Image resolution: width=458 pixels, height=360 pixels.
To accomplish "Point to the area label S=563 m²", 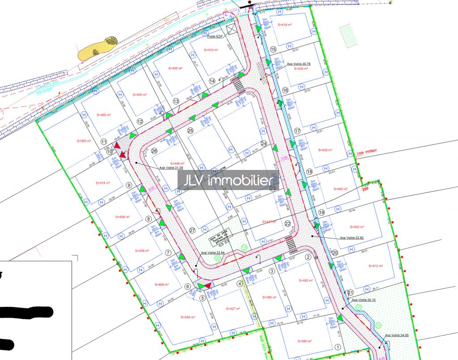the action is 84,141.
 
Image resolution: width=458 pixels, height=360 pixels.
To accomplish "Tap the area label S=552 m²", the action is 356,227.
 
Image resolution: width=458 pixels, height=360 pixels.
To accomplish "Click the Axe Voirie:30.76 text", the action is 299,64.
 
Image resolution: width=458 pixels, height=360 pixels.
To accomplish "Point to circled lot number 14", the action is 212,80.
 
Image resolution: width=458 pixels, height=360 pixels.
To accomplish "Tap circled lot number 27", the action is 192,230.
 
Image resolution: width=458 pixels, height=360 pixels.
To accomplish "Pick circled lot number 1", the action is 338,347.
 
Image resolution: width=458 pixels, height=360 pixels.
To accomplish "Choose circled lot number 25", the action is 190,131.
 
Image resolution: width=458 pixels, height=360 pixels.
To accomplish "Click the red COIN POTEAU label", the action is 367,152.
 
